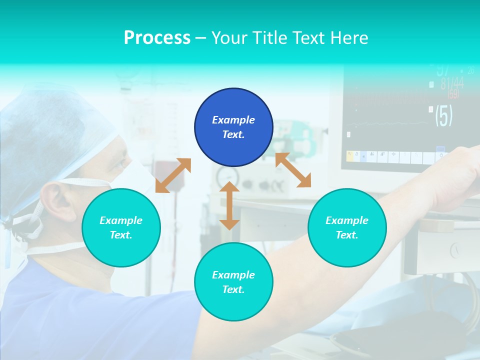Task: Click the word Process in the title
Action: (x=157, y=37)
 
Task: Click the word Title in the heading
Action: (x=268, y=37)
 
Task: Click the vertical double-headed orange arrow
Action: (x=229, y=206)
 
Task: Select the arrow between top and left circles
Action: (x=173, y=175)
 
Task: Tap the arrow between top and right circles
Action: (x=293, y=170)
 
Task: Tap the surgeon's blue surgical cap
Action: (x=45, y=130)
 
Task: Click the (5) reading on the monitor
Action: (x=443, y=115)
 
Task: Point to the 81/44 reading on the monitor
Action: (x=451, y=83)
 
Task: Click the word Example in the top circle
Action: (x=233, y=120)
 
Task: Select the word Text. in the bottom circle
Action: (x=233, y=289)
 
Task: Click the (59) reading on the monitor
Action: (x=453, y=94)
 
